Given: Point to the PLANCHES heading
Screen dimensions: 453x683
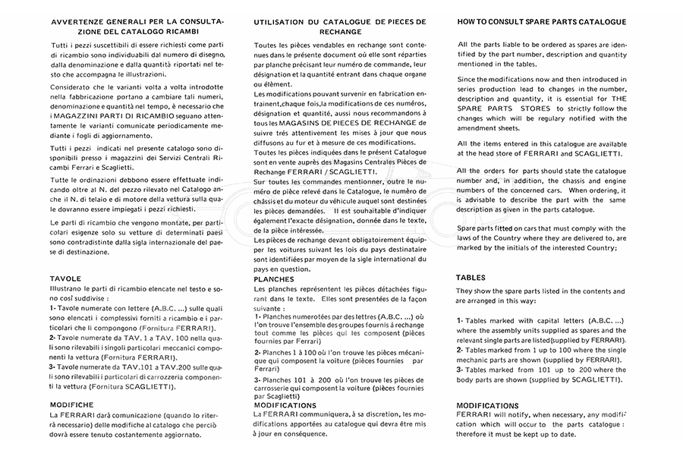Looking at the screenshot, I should pos(278,279).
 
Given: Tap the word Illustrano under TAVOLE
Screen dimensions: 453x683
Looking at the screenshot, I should pos(71,289).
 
